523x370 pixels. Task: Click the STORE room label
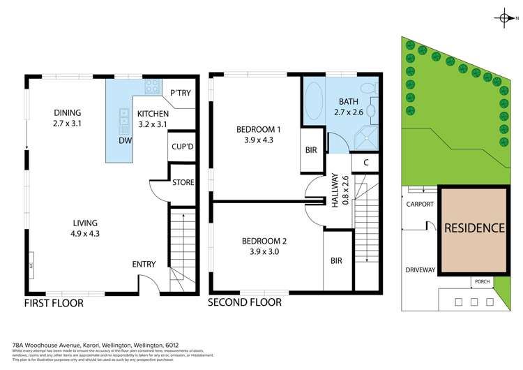pyautogui.click(x=183, y=183)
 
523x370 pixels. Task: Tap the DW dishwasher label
pyautogui.click(x=125, y=140)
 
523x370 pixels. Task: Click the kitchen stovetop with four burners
pyautogui.click(x=151, y=87)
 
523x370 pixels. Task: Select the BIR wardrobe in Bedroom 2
pyautogui.click(x=336, y=260)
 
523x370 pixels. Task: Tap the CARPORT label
pyautogui.click(x=420, y=205)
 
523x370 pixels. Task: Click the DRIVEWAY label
pyautogui.click(x=420, y=269)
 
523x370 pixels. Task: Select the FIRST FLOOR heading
pyautogui.click(x=54, y=303)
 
